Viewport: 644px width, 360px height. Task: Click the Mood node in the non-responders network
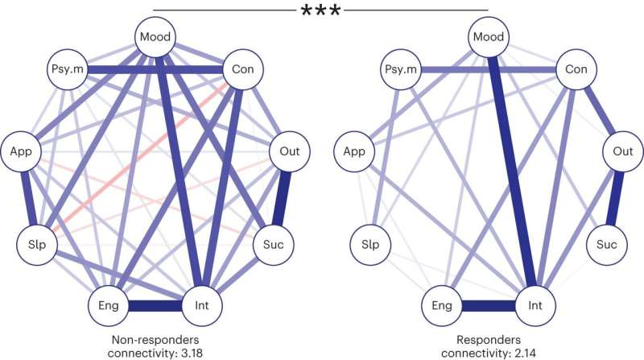153,35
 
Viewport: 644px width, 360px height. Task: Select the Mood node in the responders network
488,35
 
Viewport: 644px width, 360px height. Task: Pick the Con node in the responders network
576,70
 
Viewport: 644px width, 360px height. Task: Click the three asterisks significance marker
320,11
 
